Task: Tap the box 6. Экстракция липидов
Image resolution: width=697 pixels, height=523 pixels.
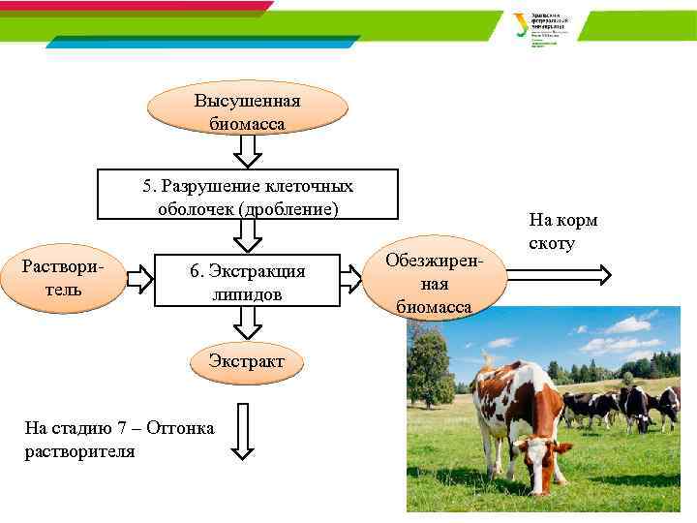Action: point(247,282)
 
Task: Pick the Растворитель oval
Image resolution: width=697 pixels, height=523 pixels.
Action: point(64,279)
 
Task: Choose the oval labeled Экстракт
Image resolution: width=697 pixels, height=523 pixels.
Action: point(247,360)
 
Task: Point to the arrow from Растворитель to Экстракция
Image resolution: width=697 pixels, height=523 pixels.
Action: point(140,279)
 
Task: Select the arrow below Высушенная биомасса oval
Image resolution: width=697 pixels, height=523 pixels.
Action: point(249,151)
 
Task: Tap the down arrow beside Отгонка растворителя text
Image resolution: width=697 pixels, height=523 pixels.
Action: point(243,430)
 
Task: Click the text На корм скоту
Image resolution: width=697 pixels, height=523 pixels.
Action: point(563,231)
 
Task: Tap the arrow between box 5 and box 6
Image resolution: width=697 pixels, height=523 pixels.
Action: point(248,234)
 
